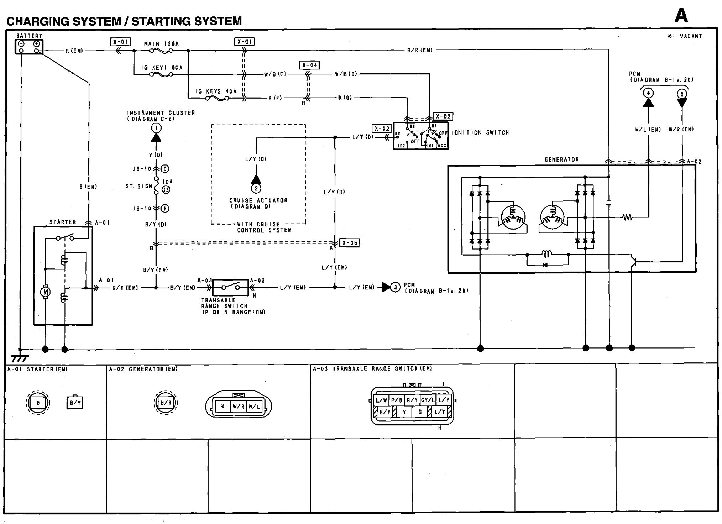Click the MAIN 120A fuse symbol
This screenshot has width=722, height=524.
pos(161,51)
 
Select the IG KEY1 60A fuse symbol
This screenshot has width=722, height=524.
pos(161,74)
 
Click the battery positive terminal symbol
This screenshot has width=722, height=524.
pos(36,44)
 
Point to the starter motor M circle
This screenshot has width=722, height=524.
pos(45,292)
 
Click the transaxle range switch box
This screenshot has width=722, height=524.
pos(230,287)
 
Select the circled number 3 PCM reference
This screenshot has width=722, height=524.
pos(396,287)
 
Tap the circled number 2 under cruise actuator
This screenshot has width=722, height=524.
pos(256,188)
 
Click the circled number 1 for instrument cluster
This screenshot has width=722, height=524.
pos(156,127)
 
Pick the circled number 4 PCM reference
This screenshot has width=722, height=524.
pos(648,94)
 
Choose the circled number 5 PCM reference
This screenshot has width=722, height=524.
pos(682,94)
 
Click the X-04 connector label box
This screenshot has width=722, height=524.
pos(309,65)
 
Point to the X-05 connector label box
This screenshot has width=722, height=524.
pos(349,243)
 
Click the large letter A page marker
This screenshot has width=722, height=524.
pos(681,15)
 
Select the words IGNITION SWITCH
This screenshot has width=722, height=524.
pos(480,133)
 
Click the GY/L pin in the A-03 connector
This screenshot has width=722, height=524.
pos(428,400)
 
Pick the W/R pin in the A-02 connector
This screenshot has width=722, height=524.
pos(238,406)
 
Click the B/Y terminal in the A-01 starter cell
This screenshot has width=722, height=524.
pos(75,403)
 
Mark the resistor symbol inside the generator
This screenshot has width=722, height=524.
pos(627,217)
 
